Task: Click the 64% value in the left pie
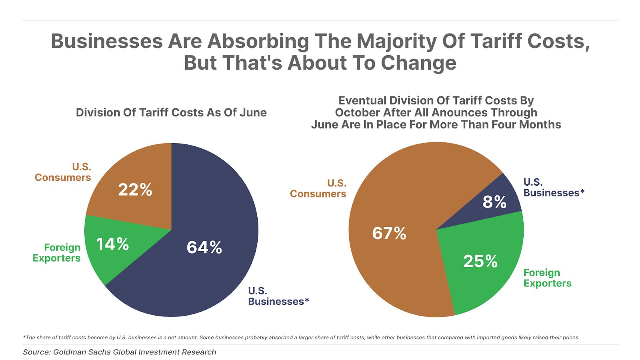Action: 204,247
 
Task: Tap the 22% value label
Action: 135,190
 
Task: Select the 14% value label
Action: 112,244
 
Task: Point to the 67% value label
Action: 389,233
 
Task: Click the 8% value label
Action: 494,202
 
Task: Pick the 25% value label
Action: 480,261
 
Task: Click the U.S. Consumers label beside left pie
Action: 63,172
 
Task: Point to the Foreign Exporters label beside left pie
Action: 56,252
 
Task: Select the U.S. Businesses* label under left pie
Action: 278,296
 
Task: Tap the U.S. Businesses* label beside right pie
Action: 554,187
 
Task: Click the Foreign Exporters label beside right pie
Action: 547,278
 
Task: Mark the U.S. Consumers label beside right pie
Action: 318,188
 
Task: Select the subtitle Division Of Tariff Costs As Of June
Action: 171,112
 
